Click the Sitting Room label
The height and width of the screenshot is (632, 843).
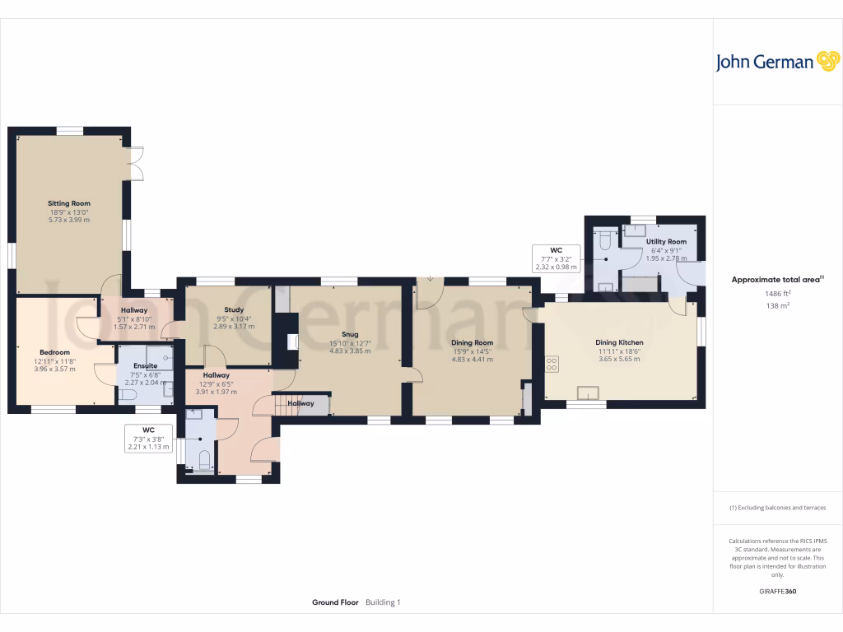pyautogui.click(x=69, y=203)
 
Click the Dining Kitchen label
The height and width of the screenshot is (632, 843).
pyautogui.click(x=619, y=342)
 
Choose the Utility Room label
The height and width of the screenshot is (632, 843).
pyautogui.click(x=666, y=242)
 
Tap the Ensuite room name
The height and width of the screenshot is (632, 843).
pyautogui.click(x=146, y=365)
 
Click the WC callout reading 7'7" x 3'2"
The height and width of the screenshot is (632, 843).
pyautogui.click(x=557, y=258)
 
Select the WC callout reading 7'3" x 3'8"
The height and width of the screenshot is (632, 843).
pyautogui.click(x=148, y=438)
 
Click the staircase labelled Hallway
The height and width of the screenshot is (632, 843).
pyautogui.click(x=301, y=404)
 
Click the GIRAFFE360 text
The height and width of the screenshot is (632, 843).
pyautogui.click(x=778, y=592)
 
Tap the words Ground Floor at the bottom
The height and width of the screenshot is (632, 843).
pyautogui.click(x=335, y=602)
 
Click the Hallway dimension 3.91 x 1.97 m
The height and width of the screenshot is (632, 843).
pyautogui.click(x=217, y=392)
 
